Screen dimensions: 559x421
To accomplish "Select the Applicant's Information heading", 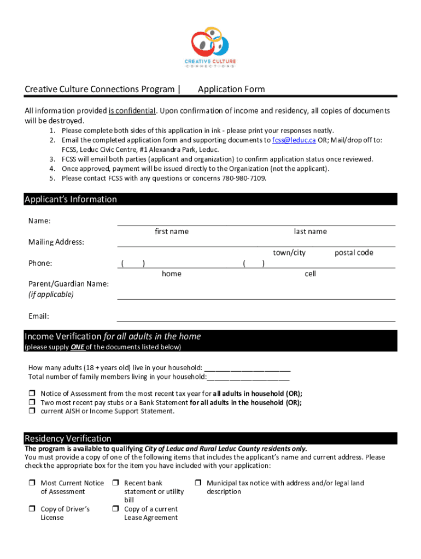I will pos(71,199).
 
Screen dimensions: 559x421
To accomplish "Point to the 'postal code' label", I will pos(354,253).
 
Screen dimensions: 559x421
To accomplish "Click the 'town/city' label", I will pos(289,253).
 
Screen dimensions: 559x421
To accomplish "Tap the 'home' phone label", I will pos(172,273).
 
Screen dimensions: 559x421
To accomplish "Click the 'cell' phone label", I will pos(310,273).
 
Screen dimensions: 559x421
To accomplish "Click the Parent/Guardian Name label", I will pos(68,284).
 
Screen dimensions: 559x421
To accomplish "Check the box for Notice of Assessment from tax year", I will pos(32,394).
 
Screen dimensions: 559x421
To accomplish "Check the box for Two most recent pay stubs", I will pos(32,403).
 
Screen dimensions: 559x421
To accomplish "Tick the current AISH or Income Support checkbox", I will pos(32,412).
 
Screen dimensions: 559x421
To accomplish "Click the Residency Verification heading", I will pos(68,438).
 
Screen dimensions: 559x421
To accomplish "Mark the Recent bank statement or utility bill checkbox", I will pos(116,483).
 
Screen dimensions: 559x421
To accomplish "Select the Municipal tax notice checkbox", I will pos(198,483).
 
